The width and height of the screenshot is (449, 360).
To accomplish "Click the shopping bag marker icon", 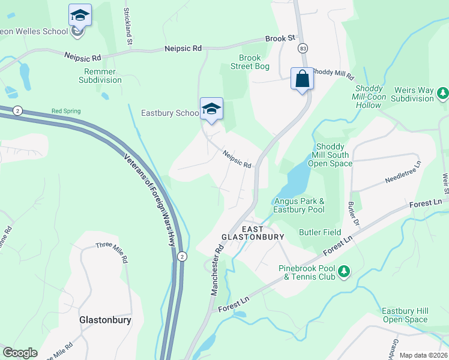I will [x=302, y=79].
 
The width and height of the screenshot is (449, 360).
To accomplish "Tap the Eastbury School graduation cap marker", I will [x=211, y=109].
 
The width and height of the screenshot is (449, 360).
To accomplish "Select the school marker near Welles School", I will [x=79, y=15].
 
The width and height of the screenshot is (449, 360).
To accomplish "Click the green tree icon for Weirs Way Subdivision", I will [x=442, y=93].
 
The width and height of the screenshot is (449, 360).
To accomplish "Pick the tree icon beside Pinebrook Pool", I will [x=343, y=272].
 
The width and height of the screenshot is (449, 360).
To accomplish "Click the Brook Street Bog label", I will [x=250, y=62].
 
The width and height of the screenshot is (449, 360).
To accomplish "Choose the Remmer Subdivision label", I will [x=100, y=76].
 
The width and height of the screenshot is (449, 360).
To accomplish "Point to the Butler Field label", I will [x=320, y=232].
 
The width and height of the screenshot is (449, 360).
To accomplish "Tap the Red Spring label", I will [x=66, y=111].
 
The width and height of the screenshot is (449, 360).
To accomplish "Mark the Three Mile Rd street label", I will [x=112, y=251].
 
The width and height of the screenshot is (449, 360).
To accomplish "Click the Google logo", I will [x=20, y=353].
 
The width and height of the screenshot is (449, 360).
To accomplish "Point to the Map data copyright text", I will [x=423, y=355].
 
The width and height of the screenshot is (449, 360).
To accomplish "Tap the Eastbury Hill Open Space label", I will [x=405, y=315].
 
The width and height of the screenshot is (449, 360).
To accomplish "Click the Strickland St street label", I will [x=127, y=26].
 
